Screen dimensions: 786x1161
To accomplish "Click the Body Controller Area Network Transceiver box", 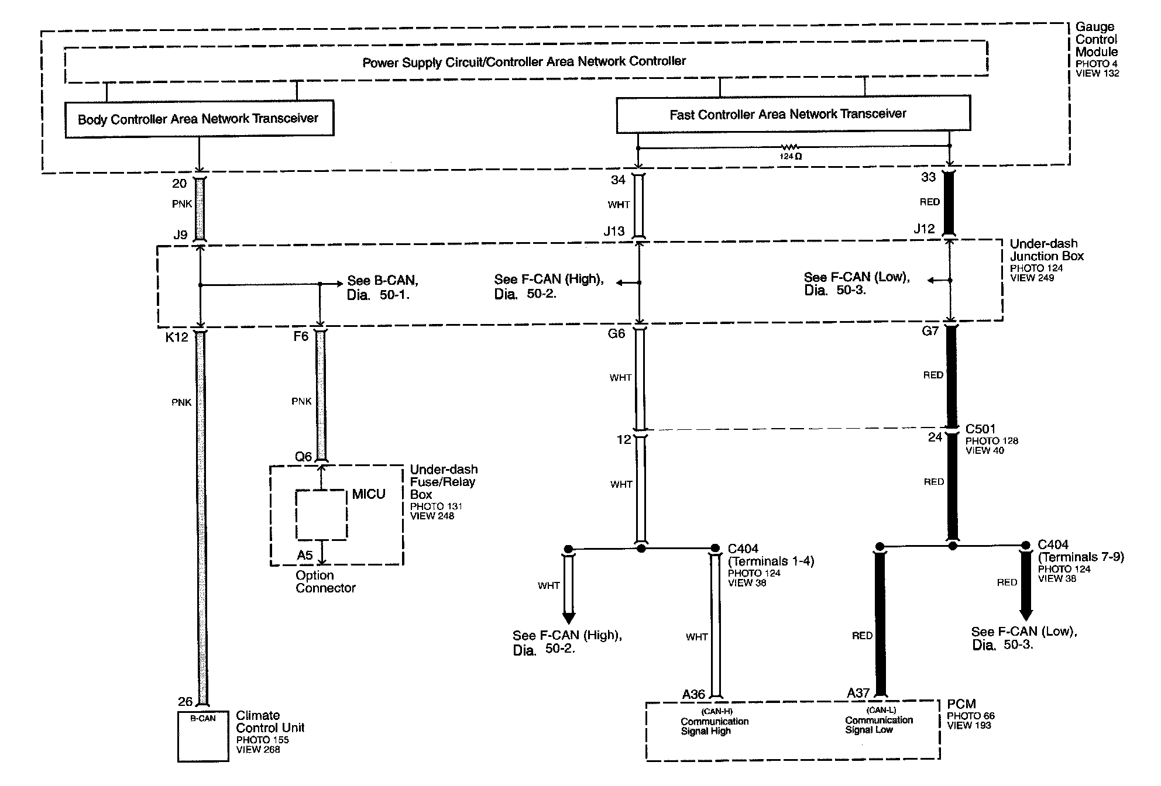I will tap(199, 119).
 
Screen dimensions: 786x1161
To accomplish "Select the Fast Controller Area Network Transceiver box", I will tap(793, 114).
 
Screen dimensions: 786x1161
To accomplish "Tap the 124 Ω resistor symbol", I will tap(790, 147).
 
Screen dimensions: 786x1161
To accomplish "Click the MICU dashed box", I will tap(321, 515).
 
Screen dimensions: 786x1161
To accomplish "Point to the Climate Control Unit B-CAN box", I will tap(202, 736).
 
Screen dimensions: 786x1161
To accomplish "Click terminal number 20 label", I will tap(179, 184).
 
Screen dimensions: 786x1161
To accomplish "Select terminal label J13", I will tap(614, 232).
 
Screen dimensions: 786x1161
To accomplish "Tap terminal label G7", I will tap(930, 332).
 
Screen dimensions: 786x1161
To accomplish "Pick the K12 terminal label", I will tap(177, 337).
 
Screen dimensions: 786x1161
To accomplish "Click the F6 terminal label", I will tap(301, 336).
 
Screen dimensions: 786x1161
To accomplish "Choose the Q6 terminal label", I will tap(303, 457).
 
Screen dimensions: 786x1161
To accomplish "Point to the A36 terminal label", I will tap(693, 694).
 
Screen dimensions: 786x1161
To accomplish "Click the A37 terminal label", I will tap(858, 693).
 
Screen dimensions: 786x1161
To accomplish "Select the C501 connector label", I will tap(980, 429).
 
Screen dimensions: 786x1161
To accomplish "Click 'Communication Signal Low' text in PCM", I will tap(878, 725).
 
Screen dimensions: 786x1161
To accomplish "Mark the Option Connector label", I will tap(325, 582).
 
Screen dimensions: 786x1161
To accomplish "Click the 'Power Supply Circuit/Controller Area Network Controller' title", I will tap(524, 61).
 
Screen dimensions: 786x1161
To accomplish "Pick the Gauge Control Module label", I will tap(1096, 39).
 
